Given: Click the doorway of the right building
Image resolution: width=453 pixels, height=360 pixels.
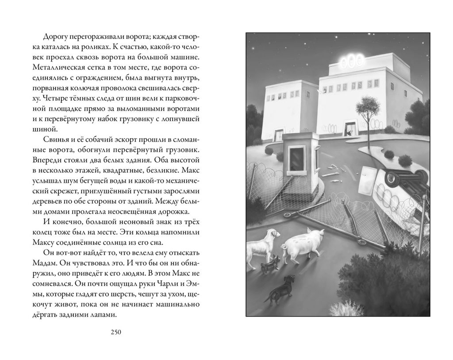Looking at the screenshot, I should [350, 129].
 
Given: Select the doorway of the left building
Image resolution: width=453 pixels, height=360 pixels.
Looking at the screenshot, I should [279, 135].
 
